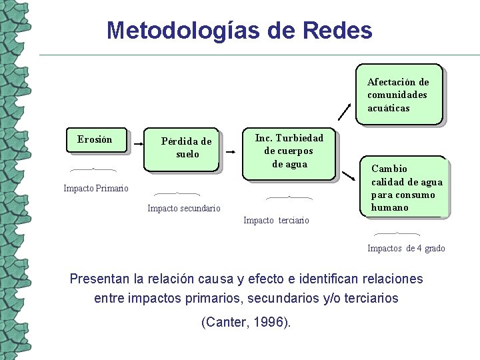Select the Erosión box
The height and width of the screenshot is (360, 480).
[95, 140]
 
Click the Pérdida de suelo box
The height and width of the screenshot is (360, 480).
[183, 148]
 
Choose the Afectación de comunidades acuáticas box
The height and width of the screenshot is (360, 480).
[398, 95]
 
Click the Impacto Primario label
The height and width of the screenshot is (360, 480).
[96, 189]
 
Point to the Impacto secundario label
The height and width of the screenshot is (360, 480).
[183, 209]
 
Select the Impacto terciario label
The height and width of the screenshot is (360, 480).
[276, 221]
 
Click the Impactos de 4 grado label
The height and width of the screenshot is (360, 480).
[406, 249]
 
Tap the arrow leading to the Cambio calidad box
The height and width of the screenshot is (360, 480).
[348, 175]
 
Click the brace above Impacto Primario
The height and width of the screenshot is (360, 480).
[93, 169]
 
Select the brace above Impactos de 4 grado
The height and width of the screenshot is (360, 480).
[397, 234]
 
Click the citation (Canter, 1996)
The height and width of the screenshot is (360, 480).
[246, 323]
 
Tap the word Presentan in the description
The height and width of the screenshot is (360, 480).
[99, 279]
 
